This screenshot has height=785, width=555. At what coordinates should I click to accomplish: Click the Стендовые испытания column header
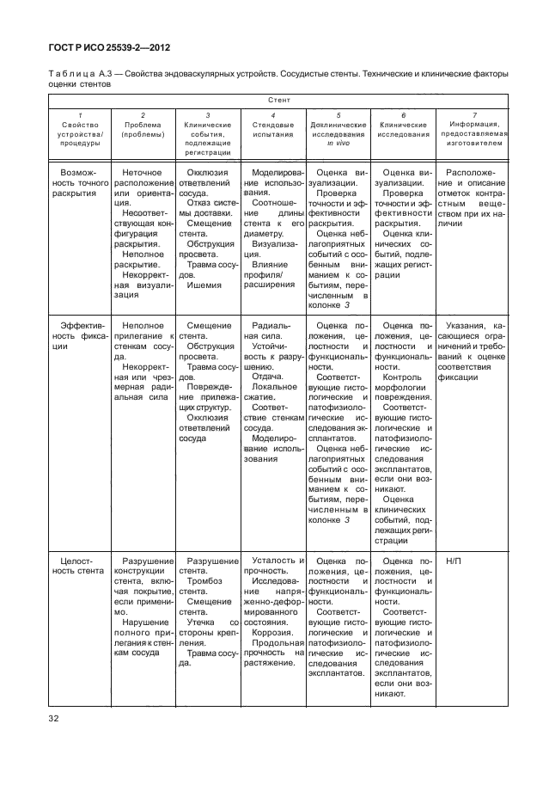[x=272, y=130]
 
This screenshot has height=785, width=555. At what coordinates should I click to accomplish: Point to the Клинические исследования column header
[x=404, y=130]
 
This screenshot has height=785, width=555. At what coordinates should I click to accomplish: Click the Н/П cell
[x=454, y=561]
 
